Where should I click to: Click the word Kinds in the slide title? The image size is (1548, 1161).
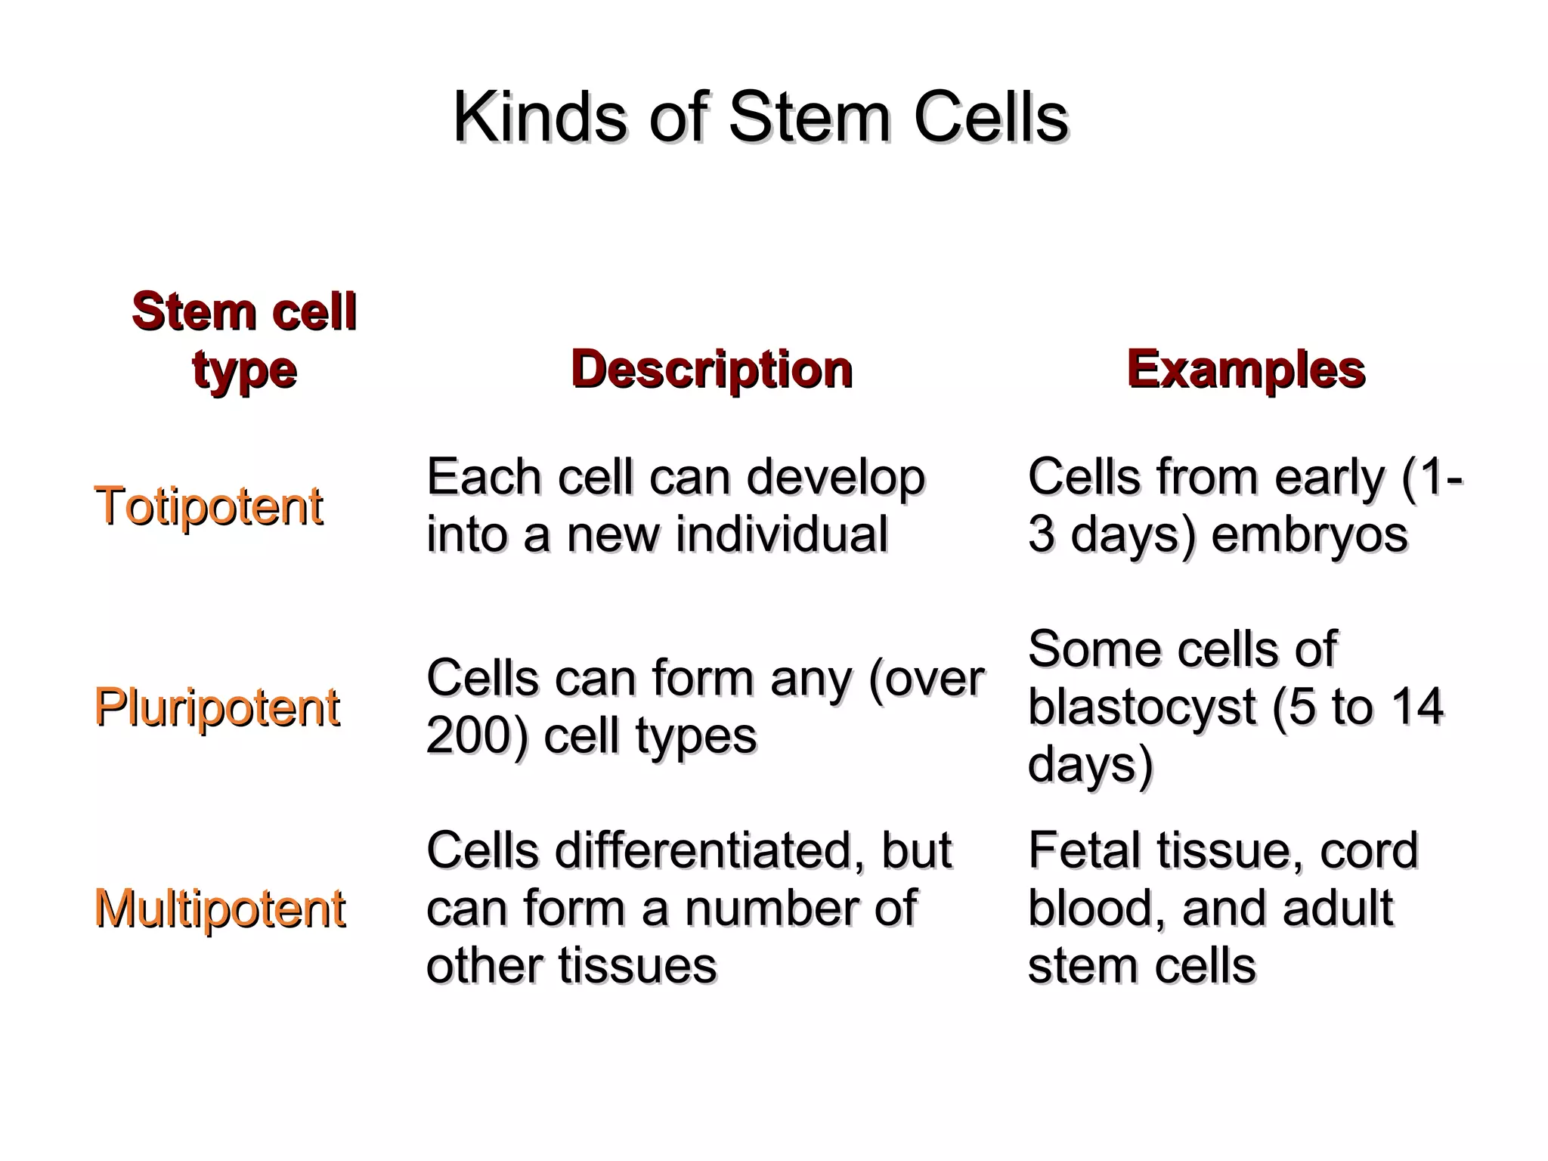pos(540,118)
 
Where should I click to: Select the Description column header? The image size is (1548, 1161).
pos(711,370)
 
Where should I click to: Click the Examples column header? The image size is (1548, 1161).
pos(1246,370)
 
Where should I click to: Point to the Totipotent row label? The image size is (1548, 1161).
pos(209,506)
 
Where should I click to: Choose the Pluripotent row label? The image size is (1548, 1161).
pos(217,707)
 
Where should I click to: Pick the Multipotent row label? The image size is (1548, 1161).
pos(220,909)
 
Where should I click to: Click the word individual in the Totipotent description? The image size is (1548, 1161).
pos(782,534)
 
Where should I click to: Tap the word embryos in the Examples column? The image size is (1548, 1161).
pos(1309,534)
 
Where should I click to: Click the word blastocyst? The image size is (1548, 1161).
pos(1141,707)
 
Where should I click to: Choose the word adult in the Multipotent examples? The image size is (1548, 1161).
pos(1339,909)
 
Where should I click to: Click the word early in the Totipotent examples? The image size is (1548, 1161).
pos(1330,478)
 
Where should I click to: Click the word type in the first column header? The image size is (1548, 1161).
pos(244,370)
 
